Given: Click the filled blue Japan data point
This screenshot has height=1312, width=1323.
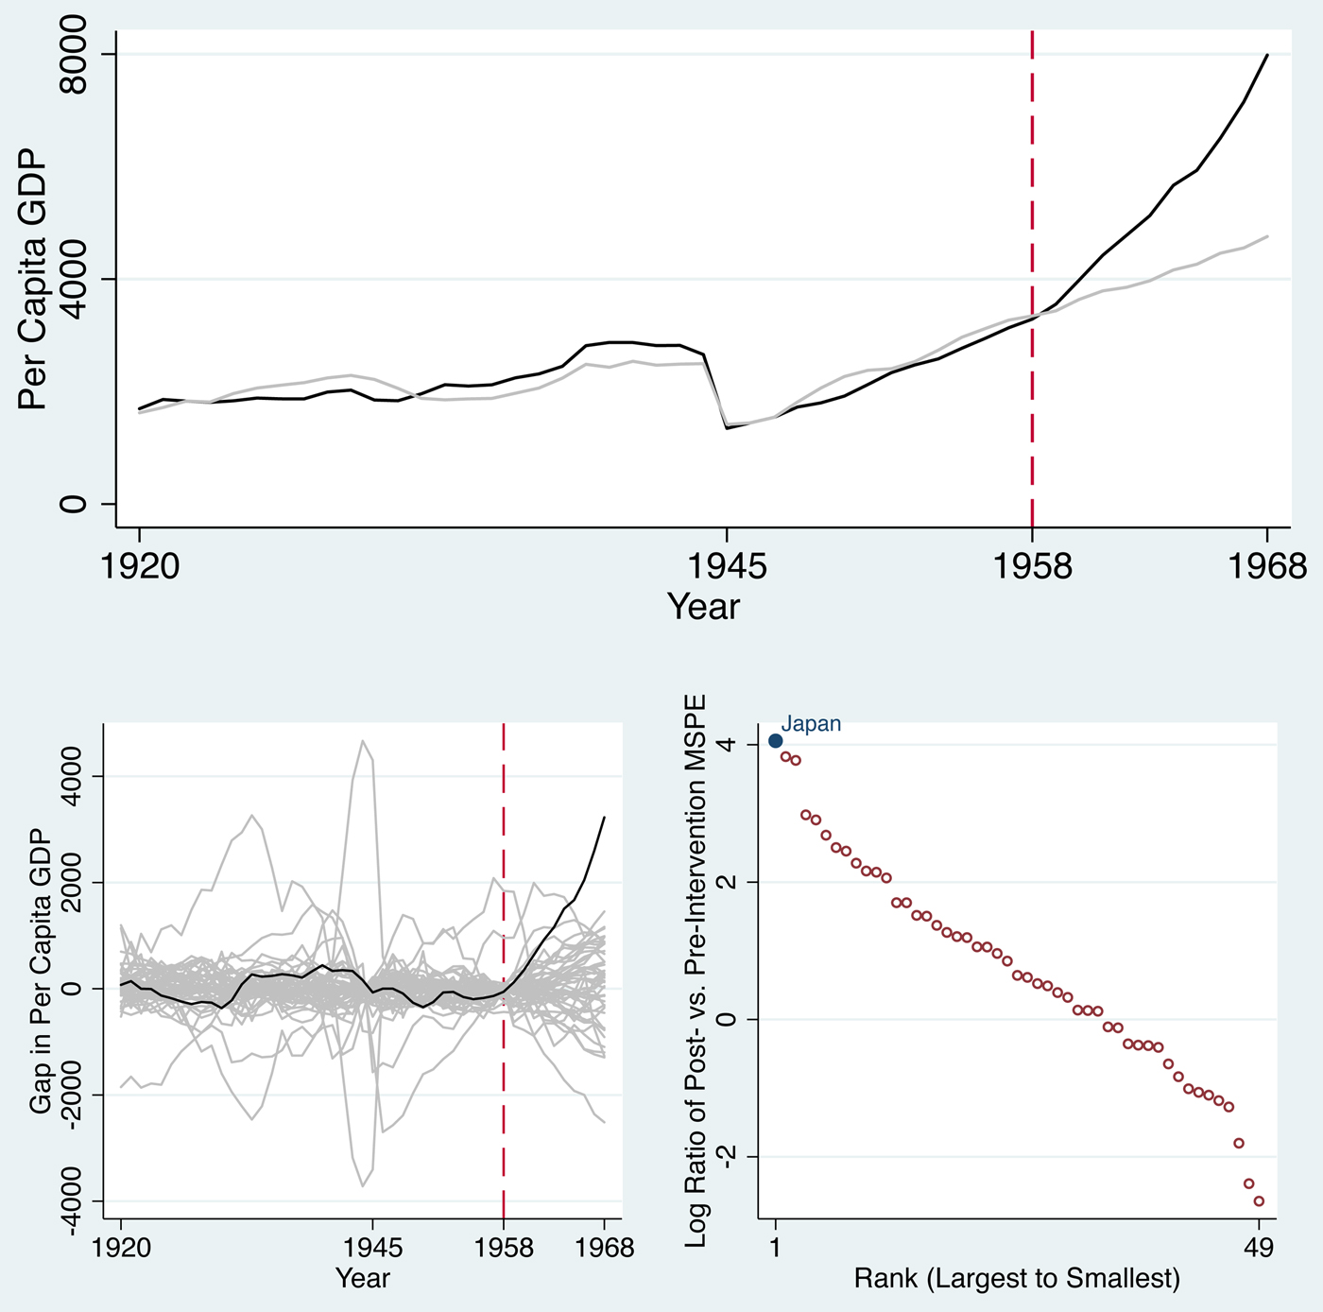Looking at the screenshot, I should (776, 741).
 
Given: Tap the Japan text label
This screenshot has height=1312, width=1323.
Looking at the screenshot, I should (811, 724).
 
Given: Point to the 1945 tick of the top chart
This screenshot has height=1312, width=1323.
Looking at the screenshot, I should (726, 565).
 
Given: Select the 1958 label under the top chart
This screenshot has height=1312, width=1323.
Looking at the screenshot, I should (1032, 565).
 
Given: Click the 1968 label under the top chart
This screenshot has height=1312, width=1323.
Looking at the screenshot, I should (1266, 565).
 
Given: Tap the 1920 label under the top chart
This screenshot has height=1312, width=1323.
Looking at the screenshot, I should (139, 565).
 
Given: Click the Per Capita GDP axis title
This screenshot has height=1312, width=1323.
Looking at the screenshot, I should (33, 279).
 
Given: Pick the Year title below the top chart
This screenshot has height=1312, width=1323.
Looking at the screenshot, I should (703, 607).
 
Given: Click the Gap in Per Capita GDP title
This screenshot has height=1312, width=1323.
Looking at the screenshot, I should (40, 972).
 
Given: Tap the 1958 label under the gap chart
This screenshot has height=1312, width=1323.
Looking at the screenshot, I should (504, 1249).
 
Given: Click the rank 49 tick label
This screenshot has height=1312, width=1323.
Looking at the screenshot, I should (1259, 1249).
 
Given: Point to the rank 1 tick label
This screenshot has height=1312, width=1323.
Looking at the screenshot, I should (776, 1249).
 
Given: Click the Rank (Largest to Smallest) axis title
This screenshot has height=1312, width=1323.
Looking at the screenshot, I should (1017, 1279).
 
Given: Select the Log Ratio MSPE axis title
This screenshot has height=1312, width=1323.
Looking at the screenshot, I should (696, 972).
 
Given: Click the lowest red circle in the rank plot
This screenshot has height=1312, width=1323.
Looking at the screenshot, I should (1259, 1201).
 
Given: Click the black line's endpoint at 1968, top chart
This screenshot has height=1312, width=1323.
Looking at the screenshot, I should (1266, 56).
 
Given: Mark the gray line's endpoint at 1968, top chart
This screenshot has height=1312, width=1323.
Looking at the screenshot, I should (1266, 236).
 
